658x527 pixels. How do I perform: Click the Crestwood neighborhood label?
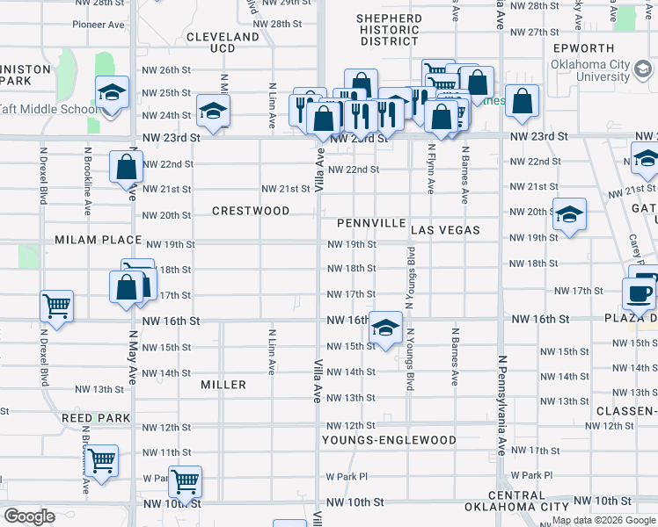click(251, 211)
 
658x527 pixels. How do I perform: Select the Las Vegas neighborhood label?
click(445, 230)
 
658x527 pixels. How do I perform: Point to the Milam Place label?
click(98, 240)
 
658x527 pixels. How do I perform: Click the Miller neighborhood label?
click(223, 385)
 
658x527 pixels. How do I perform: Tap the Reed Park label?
click(96, 418)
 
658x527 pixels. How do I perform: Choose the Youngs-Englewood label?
click(389, 440)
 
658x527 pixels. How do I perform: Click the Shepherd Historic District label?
click(390, 30)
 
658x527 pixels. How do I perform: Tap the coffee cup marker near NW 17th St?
click(639, 292)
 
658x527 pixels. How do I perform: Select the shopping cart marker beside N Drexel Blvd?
click(56, 307)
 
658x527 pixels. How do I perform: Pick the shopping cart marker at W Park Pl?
click(185, 480)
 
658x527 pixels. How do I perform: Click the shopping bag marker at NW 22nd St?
click(126, 166)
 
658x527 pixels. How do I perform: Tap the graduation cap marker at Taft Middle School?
click(112, 93)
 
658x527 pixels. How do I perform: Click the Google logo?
click(29, 516)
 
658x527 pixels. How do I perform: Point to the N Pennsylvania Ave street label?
click(502, 404)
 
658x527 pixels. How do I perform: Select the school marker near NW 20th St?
click(568, 213)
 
